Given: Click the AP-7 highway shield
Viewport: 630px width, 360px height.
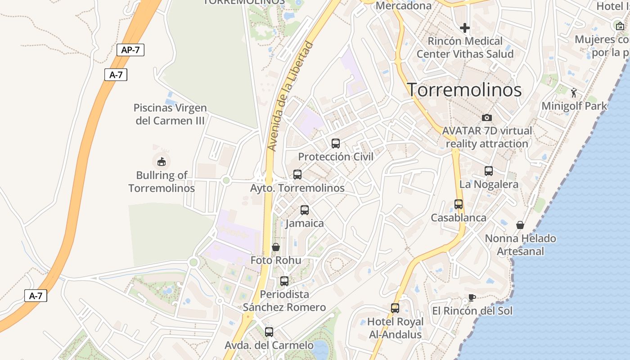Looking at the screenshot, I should point(130,50).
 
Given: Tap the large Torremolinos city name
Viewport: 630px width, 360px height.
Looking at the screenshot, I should point(464,90).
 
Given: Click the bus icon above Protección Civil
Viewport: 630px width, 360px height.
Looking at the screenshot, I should point(336,144).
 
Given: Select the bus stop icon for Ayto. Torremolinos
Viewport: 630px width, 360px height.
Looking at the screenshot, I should point(297,175).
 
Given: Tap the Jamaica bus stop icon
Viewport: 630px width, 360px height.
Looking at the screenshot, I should point(305,210).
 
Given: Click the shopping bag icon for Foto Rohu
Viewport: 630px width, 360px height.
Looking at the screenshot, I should point(276,247).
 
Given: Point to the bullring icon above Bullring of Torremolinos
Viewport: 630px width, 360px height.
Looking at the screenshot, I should point(161,161).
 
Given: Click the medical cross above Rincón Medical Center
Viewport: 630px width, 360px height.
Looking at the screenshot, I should point(465,28).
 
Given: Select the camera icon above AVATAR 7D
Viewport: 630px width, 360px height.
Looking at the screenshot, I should point(486,118).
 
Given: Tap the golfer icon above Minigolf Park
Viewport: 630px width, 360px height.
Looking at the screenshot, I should point(574,93).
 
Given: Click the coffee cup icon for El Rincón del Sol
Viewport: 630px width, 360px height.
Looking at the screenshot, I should point(471,297).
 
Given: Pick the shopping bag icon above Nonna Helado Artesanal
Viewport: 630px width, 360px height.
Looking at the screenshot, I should point(520,225).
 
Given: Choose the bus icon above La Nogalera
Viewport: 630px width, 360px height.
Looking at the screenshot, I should point(489,171).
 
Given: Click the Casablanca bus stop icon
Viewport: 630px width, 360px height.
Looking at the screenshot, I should point(459,204).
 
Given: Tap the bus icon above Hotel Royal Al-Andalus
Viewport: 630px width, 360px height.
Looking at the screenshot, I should point(395,308).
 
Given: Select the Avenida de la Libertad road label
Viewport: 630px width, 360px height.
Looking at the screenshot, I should point(290,96).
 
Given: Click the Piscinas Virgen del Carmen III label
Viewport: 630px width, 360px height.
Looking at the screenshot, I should point(171,114).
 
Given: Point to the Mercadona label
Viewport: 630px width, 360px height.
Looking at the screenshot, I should point(403,5).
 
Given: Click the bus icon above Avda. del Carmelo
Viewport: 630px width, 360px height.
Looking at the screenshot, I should point(269,332).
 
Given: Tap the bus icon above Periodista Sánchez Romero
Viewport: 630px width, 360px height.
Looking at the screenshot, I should point(284,281).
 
